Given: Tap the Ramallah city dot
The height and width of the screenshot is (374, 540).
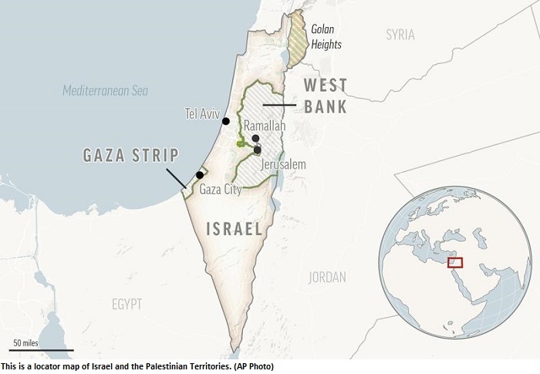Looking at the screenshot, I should [255, 138].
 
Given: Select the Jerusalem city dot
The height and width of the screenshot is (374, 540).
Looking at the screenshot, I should [258, 150].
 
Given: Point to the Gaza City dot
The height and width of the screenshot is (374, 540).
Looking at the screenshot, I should [200, 175].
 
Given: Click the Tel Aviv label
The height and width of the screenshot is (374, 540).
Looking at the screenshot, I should [202, 113].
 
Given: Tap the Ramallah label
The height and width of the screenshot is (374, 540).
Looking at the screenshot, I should [265, 126].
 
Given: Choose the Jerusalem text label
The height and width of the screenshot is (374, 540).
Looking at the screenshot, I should [283, 164].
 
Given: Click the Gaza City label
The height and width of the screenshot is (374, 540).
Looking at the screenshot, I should [220, 189].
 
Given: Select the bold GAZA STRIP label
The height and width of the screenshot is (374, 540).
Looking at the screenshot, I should [130, 155].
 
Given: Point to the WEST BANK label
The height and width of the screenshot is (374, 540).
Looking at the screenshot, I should [325, 96].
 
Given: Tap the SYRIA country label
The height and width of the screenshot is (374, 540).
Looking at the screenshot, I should [400, 35].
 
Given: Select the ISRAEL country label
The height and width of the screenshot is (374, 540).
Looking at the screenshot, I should [235, 228].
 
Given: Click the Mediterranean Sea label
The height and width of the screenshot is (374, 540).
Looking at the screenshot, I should [106, 91].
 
